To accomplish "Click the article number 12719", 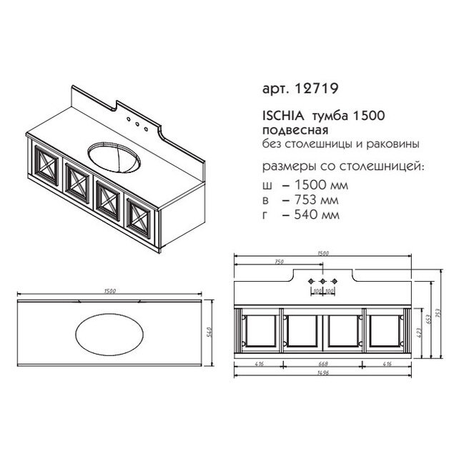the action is coord(317,89).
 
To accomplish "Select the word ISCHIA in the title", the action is coord(283,116).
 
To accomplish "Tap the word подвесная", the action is coord(295,131).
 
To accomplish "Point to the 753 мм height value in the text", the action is coord(317,200).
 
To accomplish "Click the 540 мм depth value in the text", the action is coord(317,215).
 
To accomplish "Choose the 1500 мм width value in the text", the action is coord(322,185).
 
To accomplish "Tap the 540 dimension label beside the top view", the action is coord(209,332).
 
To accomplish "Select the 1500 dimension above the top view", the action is coord(110,291).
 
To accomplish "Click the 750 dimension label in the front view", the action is coord(280,262).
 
